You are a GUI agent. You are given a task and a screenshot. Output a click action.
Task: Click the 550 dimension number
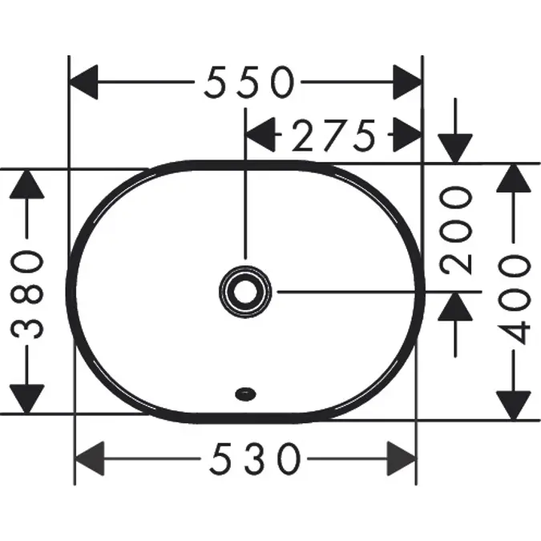coord(249,82)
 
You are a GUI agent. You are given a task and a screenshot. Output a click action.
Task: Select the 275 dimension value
coord(333,135)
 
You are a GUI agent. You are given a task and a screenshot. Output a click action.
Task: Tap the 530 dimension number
coord(256,459)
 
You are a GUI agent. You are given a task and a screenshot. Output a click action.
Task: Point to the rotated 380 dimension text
coord(27,295)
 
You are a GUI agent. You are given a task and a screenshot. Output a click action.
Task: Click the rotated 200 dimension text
coord(455,230)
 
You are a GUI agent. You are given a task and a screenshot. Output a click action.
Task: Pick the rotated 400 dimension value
coord(514,300)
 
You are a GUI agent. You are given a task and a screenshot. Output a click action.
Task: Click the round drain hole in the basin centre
coord(245,292)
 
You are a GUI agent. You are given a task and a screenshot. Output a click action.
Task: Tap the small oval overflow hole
coord(245,394)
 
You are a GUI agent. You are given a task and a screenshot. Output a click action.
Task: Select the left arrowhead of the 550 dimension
coord(83,82)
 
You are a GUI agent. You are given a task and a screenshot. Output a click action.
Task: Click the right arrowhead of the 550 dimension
coord(408,82)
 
